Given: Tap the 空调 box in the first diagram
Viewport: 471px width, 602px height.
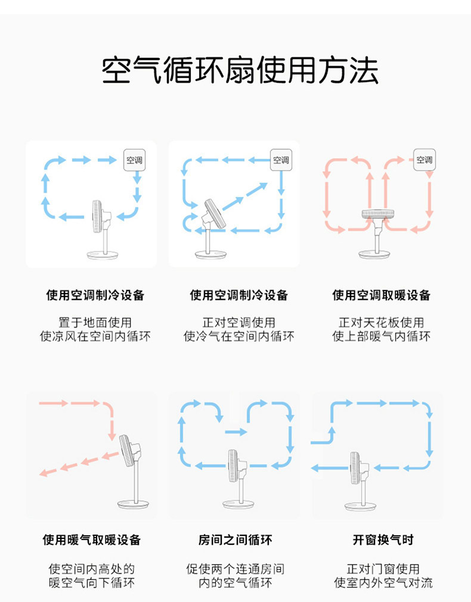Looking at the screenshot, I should pos(134,160).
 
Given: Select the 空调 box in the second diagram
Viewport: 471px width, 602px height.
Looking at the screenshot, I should pos(281,160).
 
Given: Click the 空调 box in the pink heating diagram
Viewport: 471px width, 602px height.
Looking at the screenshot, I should pos(424,160).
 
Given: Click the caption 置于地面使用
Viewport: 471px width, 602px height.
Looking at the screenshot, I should pos(95,322).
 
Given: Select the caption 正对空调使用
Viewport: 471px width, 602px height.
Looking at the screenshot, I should pos(238,322).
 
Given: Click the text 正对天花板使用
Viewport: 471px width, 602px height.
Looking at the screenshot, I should pos(382,322).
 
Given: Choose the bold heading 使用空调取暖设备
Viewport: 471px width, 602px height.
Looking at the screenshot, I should pos(382,295).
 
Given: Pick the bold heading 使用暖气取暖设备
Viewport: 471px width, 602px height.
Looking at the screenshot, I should pos(92,540).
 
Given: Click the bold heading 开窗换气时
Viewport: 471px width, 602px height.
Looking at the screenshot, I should pos(383,540).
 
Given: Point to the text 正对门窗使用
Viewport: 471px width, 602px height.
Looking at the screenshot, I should pos(383,569).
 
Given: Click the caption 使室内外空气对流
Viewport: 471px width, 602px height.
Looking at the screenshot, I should pos(383,582).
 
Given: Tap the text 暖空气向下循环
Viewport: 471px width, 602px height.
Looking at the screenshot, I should pos(92,582).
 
